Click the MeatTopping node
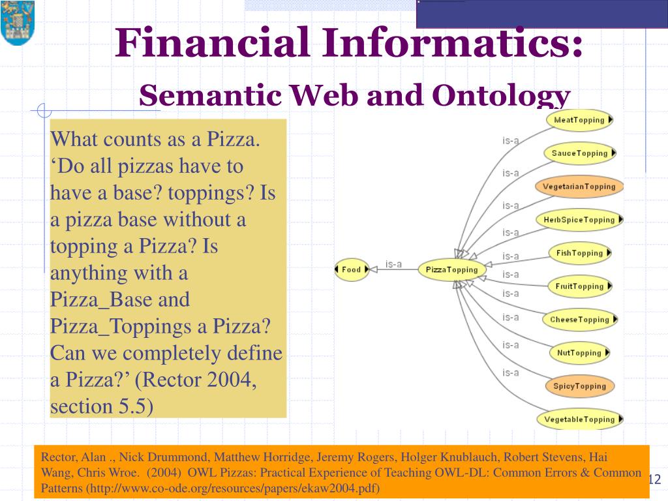click(x=579, y=119)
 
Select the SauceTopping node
click(x=579, y=153)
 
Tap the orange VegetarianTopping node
click(x=579, y=187)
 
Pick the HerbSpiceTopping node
click(x=579, y=220)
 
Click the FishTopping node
click(x=579, y=253)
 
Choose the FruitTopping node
click(x=579, y=286)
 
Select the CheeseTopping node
click(x=579, y=320)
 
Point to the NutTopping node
click(x=579, y=353)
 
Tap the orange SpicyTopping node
click(x=579, y=386)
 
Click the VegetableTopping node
click(x=579, y=419)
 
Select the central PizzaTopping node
click(x=451, y=269)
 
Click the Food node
click(x=351, y=269)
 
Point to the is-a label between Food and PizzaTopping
click(x=393, y=264)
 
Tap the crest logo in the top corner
click(x=17, y=23)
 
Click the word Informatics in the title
click(x=451, y=44)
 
